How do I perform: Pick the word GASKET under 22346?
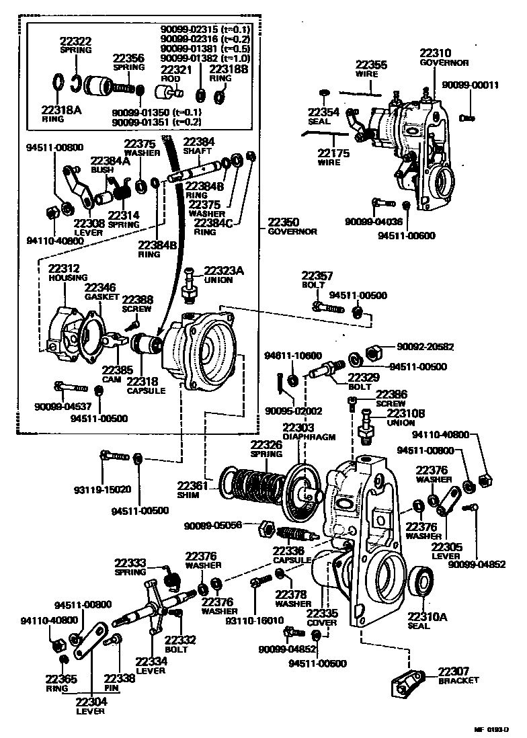[x=102, y=296]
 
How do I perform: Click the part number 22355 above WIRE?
[x=371, y=65]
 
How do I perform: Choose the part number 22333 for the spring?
[x=130, y=563]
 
